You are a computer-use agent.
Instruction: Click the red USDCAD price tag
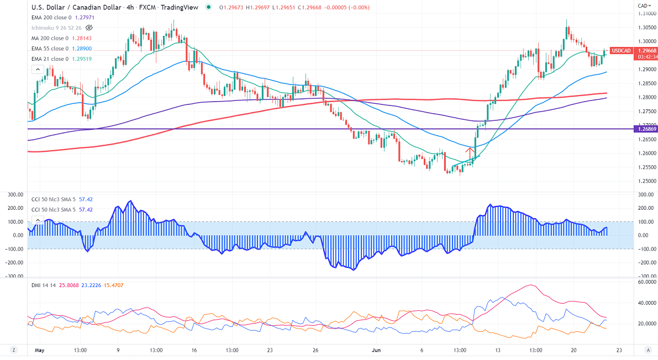tap(623, 51)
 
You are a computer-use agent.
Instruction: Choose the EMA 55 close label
tap(50, 49)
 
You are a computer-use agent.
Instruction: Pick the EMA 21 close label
tap(50, 59)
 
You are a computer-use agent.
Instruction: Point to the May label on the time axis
tap(39, 350)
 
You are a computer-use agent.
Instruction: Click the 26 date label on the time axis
tap(315, 350)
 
